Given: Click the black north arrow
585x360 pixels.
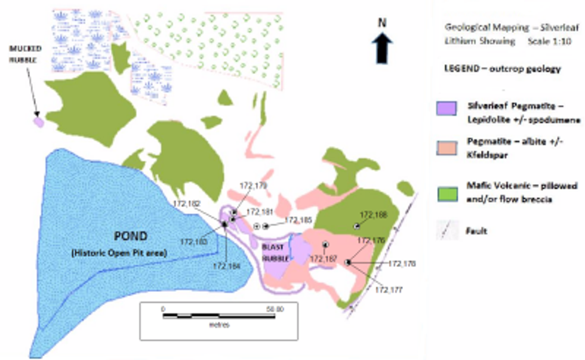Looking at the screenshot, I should (383, 47).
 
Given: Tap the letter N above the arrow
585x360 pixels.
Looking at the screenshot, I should (383, 23).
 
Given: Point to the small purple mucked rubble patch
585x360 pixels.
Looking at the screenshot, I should (38, 122).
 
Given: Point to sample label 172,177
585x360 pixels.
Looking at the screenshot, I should (389, 290).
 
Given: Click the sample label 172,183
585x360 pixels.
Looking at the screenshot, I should (192, 241).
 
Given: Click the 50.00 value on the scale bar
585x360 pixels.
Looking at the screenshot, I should (275, 309).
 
